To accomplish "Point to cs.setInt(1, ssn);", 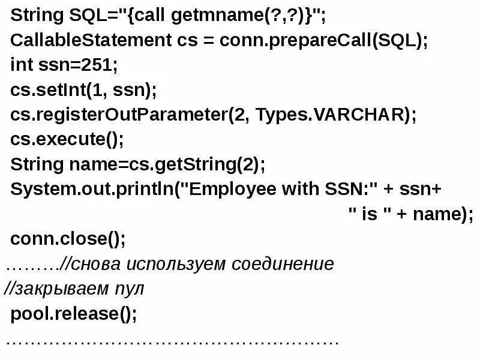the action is click(83, 90).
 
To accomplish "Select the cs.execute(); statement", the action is click(67, 139).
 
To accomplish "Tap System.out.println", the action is click(90, 189).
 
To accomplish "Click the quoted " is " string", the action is click(369, 214).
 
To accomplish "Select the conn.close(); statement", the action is click(68, 239).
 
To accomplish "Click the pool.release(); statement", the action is click(73, 314).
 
